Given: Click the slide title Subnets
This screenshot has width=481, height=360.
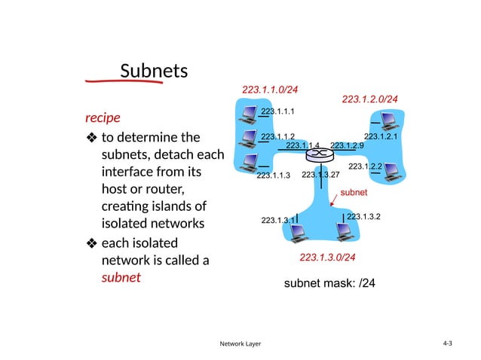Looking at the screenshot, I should [x=154, y=71].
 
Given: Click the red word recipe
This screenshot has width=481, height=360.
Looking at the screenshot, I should [x=103, y=118].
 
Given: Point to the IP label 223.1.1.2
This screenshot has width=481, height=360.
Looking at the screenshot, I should [x=277, y=136].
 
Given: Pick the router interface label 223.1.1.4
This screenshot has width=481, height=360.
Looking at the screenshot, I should [x=303, y=145].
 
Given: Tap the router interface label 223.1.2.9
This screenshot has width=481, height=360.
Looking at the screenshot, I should [x=348, y=145].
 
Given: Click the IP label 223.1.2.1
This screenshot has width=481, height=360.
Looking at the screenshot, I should [x=380, y=136].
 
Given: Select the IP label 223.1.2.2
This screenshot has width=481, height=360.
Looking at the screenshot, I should [x=365, y=166].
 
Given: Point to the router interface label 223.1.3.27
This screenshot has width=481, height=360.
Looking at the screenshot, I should [x=320, y=175].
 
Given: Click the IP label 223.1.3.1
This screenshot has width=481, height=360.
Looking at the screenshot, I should [x=277, y=220].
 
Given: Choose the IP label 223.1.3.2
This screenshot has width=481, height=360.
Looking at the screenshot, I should [x=363, y=217].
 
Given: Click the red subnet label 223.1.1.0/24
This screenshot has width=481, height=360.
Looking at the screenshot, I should [x=270, y=90].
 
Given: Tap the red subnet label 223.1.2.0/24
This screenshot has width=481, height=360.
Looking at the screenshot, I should [x=369, y=99].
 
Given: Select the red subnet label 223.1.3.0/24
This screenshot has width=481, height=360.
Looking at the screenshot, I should [x=327, y=258].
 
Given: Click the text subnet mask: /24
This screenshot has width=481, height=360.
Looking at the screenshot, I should [x=329, y=284].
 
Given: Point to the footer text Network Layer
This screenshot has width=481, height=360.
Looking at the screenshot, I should [x=240, y=343].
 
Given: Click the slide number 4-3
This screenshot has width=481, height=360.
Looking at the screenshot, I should [x=448, y=343].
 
